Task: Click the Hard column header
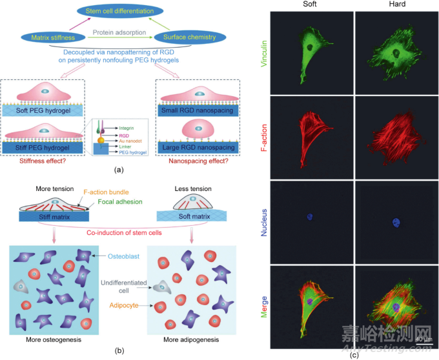387,5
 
